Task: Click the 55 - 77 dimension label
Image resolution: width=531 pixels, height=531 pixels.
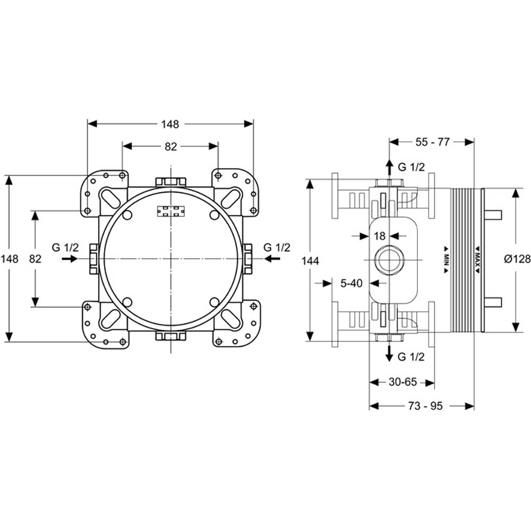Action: (x=432, y=142)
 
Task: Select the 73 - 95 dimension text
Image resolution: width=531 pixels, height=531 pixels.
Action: (x=425, y=406)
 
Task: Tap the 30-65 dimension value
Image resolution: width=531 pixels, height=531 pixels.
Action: (x=402, y=382)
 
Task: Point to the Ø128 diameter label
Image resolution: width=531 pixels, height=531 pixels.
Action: (x=517, y=259)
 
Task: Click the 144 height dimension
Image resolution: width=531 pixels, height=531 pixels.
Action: (x=310, y=261)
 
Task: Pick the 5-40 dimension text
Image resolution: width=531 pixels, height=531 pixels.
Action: (x=351, y=283)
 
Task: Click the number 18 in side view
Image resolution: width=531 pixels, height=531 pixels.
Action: (x=380, y=236)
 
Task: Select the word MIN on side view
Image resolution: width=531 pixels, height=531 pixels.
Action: (x=447, y=260)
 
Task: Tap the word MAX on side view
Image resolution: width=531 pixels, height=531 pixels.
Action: (x=477, y=260)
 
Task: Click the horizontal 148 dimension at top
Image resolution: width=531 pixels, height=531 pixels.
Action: (x=170, y=124)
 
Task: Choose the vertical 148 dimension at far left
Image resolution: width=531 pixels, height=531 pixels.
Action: (x=9, y=259)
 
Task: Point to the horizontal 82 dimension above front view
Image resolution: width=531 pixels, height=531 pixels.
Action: (x=170, y=147)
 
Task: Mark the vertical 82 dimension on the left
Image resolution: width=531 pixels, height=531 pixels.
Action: (x=35, y=259)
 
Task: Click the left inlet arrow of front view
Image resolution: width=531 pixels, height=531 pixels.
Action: (x=70, y=259)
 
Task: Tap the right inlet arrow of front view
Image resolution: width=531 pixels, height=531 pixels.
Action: (x=272, y=259)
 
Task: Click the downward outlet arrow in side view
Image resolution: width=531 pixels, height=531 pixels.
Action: (x=390, y=353)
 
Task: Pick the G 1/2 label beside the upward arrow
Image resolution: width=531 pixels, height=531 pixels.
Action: (x=411, y=167)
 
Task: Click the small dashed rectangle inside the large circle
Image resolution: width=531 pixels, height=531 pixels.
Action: (x=171, y=211)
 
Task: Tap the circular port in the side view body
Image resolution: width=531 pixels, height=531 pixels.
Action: (x=389, y=260)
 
